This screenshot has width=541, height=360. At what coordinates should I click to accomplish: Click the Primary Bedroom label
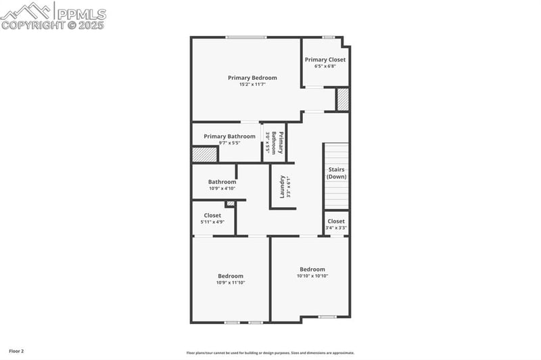coord(252,78)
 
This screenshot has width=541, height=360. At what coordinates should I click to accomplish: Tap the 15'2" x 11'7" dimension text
coord(252,85)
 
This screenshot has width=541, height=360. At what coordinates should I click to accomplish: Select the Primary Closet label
coord(325,60)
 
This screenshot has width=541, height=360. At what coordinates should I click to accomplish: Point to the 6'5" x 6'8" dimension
coord(325,66)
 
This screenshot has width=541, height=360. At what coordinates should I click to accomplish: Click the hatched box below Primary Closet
coord(343,99)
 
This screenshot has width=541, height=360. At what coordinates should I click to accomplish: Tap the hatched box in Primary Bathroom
coord(204,154)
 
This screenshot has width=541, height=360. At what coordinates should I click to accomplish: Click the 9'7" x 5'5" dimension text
coord(229,143)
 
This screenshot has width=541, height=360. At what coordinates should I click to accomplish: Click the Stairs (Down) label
coord(336,173)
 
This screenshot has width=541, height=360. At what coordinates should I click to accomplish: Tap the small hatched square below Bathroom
coord(230,203)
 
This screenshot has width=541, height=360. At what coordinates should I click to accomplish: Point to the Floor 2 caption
coord(13,351)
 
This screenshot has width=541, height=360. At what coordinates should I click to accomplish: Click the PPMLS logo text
coord(80,13)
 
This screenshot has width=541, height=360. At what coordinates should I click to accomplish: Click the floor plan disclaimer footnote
coord(270,352)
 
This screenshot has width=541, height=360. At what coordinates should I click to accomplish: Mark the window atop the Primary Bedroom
coord(245,37)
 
